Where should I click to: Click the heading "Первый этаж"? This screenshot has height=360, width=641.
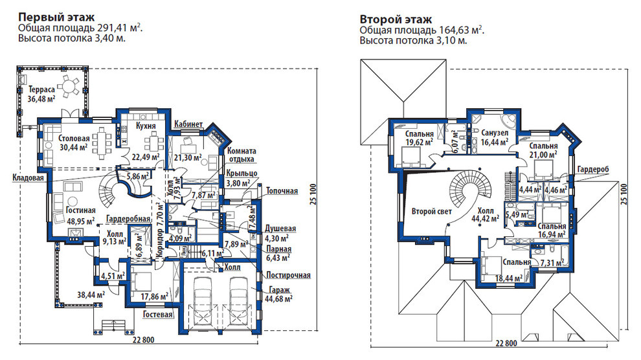coord(56,17)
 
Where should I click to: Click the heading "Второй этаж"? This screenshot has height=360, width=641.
coord(396,19)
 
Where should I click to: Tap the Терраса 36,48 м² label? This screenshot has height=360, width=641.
coord(41,94)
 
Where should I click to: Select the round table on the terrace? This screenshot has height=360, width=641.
coord(68,86)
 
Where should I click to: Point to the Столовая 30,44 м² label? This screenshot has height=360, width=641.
coord(74,143)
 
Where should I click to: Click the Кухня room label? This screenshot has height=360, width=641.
coord(146,126)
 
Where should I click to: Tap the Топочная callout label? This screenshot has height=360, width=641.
coord(282,191)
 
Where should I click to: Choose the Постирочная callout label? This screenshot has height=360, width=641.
coord(289,275)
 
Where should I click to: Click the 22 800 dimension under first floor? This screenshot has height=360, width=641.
coord(142,340)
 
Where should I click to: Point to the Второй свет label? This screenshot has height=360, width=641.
coord(432,211)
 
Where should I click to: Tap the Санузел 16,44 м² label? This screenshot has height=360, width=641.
coord(495,137)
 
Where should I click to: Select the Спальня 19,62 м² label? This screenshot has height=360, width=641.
coord(420,138)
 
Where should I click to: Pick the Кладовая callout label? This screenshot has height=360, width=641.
coord(28,178)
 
